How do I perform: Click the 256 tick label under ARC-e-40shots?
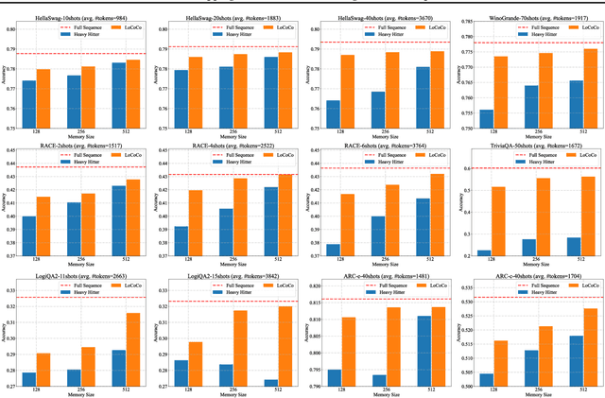pyautogui.click(x=385, y=389)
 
